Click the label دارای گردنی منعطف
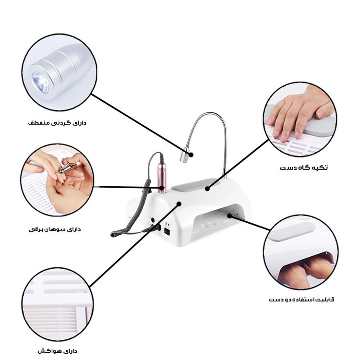(x=57, y=123)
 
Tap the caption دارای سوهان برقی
(x=55, y=229)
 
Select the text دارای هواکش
(x=58, y=351)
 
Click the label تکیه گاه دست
(x=303, y=168)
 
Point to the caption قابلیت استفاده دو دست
(x=301, y=300)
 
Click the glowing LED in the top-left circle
(x=40, y=83)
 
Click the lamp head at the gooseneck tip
(x=184, y=157)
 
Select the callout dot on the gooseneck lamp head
(x=191, y=155)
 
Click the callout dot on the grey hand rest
(x=207, y=189)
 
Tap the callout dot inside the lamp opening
(x=229, y=216)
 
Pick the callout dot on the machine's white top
(x=179, y=204)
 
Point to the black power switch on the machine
(x=167, y=232)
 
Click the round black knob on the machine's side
(x=153, y=220)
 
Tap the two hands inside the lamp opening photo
(x=304, y=271)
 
